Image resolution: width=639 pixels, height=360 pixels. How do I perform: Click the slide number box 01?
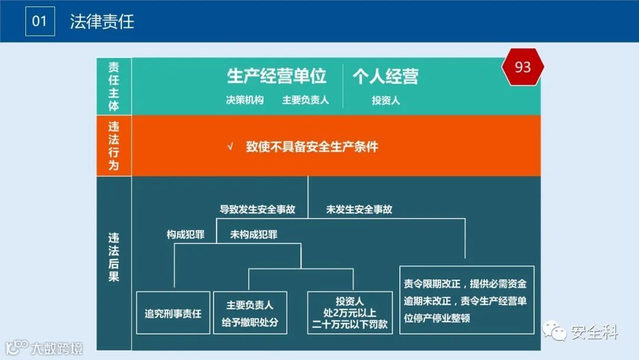(40, 22)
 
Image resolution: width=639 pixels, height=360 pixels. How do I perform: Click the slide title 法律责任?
(102, 22)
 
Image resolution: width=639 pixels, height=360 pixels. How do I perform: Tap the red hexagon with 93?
(522, 67)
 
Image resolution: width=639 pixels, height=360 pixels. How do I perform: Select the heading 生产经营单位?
(277, 76)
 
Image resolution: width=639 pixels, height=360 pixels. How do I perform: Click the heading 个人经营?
(386, 76)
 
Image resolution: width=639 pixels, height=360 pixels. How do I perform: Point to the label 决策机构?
(245, 100)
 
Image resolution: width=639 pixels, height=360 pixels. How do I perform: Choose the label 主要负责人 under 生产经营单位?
(305, 100)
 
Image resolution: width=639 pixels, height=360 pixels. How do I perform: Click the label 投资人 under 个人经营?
(386, 101)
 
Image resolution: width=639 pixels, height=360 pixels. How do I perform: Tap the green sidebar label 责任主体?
(114, 86)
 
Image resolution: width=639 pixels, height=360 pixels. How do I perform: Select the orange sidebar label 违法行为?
(114, 146)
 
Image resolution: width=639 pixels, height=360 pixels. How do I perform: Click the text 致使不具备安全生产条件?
(312, 147)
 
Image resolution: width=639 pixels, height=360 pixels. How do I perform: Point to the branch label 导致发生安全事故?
(257, 209)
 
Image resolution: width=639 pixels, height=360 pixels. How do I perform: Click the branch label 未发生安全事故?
(359, 209)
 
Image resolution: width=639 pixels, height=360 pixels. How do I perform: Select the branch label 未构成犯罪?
(254, 234)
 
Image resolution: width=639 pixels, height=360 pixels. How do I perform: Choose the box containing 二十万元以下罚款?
(350, 313)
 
